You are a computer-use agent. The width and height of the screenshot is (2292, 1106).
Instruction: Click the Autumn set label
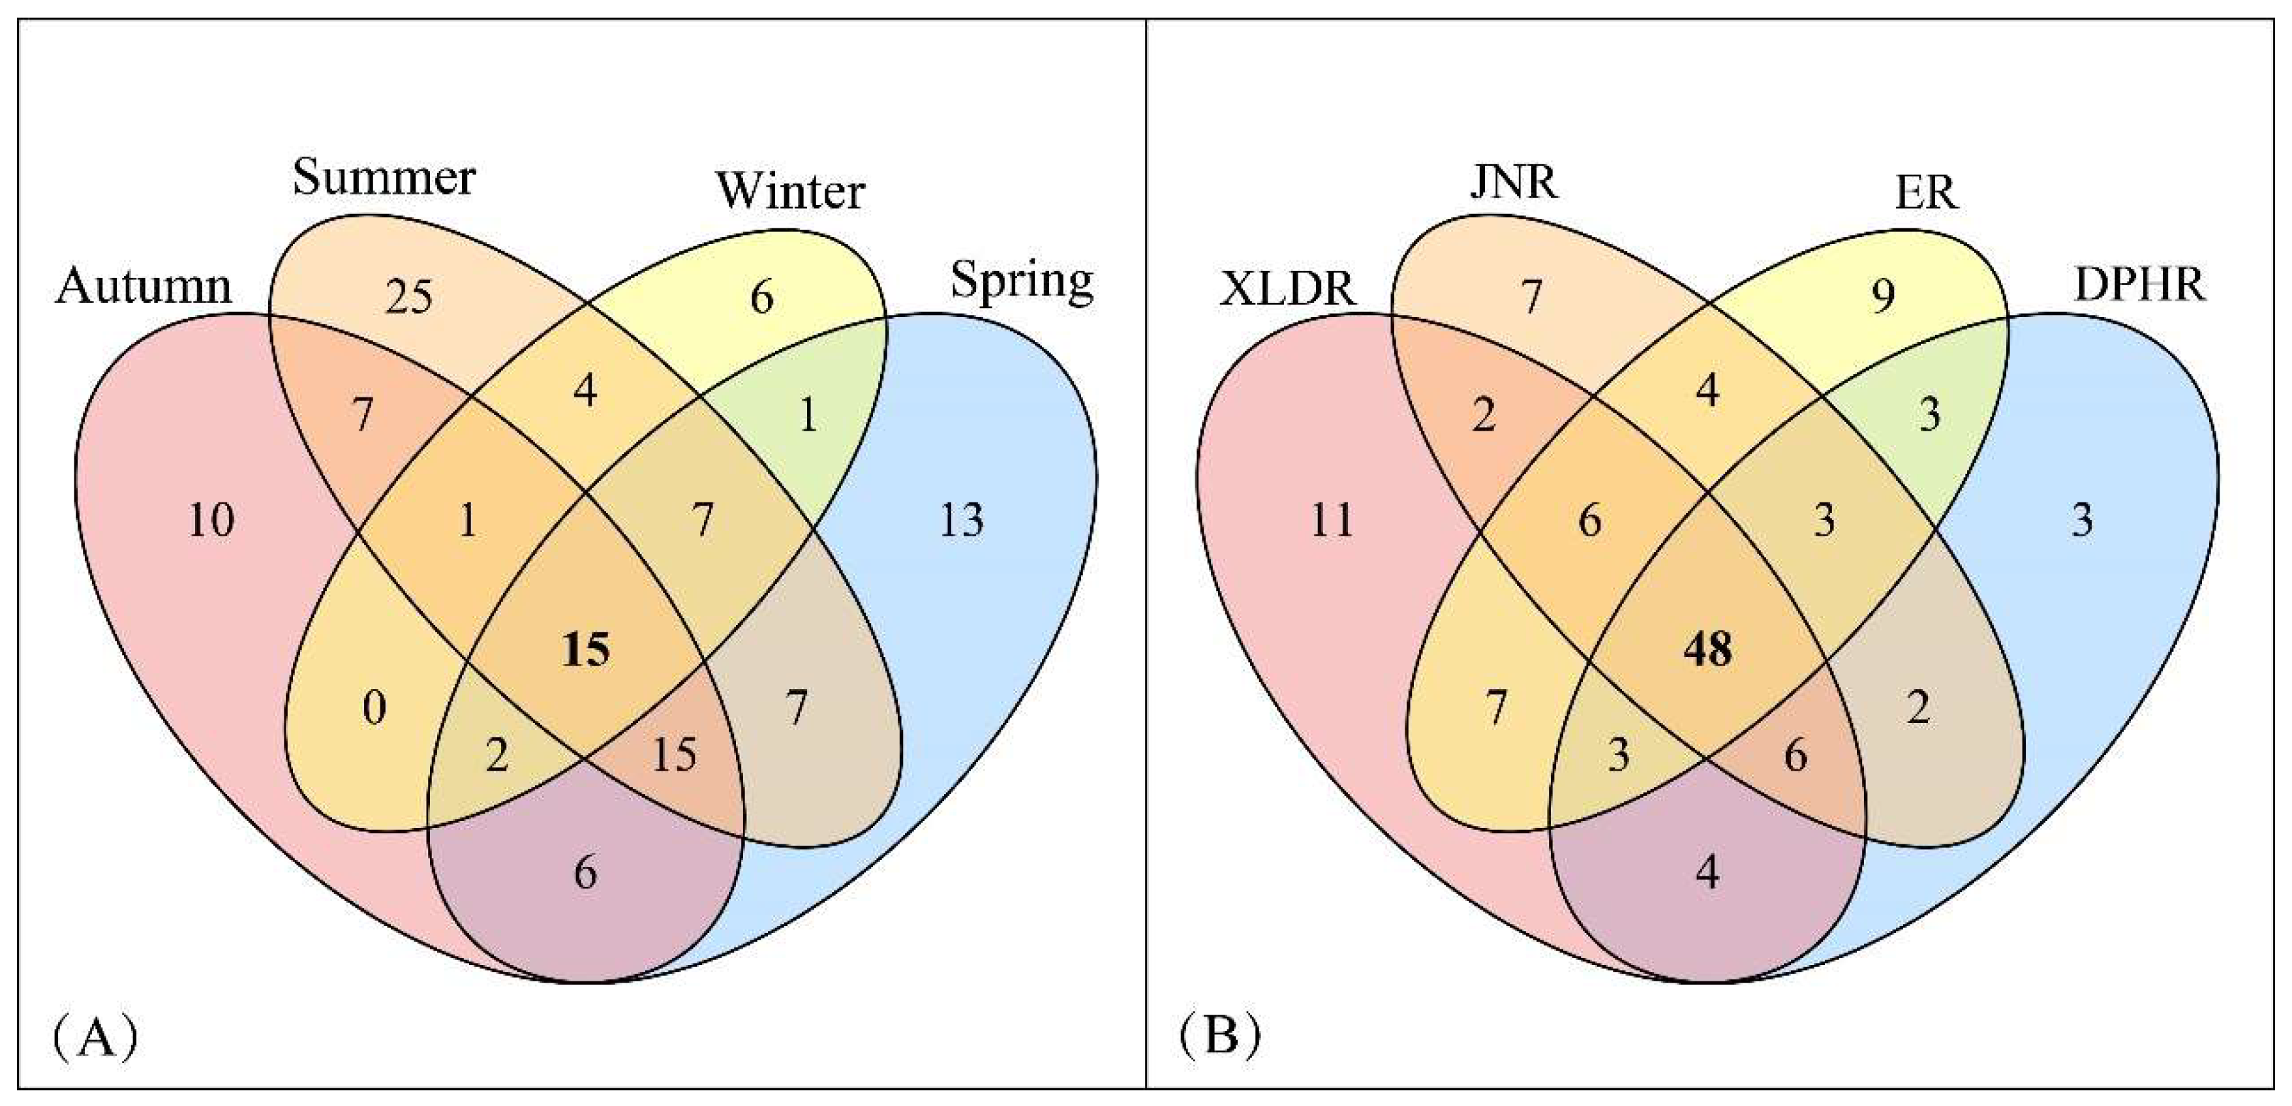144,286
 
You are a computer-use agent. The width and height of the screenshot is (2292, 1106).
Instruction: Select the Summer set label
384,178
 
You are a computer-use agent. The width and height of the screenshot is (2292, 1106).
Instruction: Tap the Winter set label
790,191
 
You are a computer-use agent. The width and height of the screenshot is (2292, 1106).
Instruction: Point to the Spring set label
1022,282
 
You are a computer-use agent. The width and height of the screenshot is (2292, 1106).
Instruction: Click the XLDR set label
1287,288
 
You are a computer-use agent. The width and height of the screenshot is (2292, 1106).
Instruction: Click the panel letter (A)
95,1037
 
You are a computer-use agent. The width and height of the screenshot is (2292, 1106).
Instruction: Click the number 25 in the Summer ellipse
409,298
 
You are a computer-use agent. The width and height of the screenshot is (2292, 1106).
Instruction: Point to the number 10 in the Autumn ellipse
212,521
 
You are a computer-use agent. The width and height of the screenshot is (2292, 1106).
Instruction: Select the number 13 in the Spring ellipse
962,521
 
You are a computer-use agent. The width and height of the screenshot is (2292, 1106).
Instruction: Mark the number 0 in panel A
374,709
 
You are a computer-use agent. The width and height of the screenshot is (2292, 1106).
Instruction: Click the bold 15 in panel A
585,651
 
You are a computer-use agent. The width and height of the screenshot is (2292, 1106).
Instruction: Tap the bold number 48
1707,651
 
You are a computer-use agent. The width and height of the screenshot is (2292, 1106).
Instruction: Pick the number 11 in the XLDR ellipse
1332,521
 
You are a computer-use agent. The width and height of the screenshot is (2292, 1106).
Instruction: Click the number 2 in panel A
497,756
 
